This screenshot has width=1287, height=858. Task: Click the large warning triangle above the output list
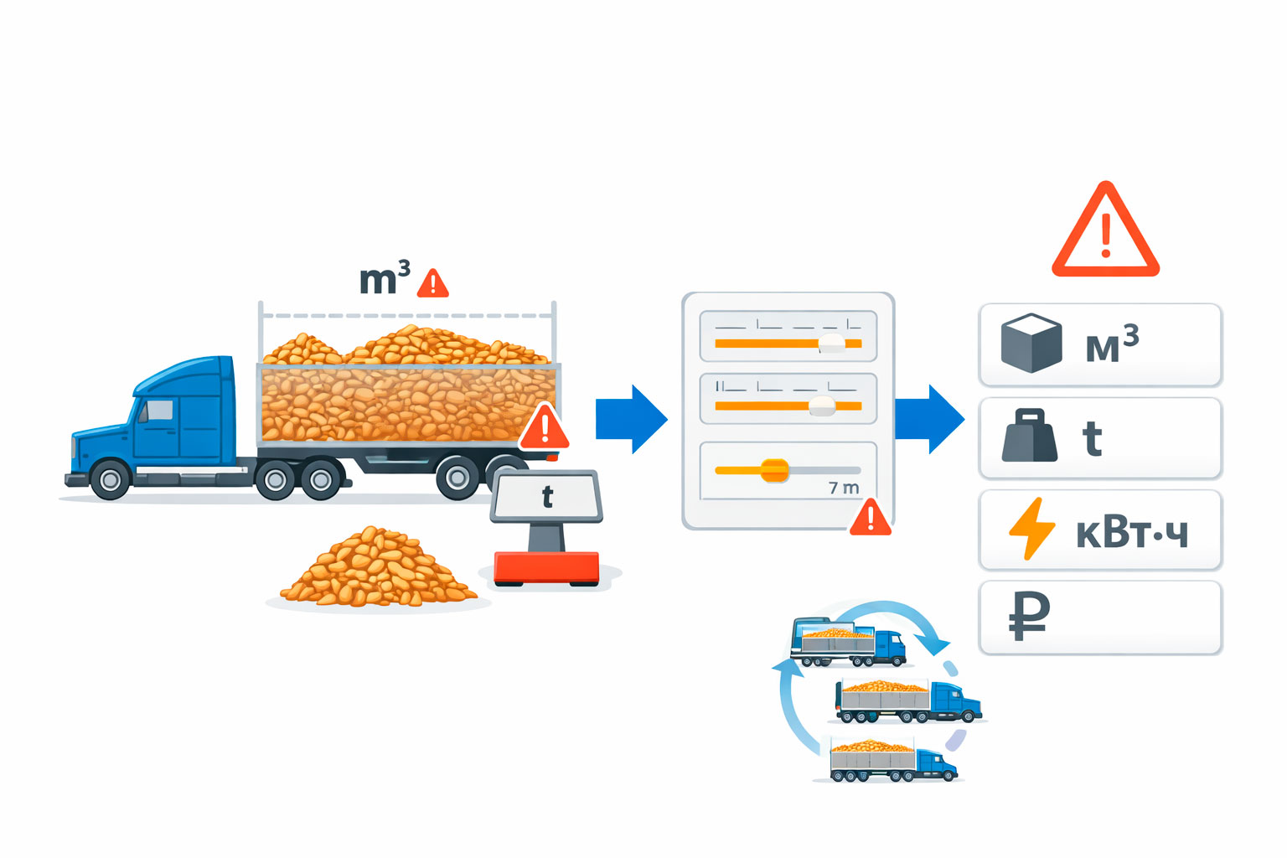coord(1105,233)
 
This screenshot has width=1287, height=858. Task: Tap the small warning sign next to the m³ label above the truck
coord(432,284)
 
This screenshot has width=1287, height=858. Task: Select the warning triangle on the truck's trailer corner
coord(544,428)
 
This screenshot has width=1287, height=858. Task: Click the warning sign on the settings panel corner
coord(870,518)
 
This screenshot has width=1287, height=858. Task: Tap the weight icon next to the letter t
coord(1030,436)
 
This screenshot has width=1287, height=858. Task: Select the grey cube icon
coord(1031,343)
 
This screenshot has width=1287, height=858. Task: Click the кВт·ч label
coord(1131,533)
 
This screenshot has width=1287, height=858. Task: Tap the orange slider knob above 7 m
coord(774,470)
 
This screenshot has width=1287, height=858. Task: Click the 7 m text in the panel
coord(844,488)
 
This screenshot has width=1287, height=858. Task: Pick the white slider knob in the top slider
coord(832,342)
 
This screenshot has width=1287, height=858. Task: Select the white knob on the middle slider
coord(822,406)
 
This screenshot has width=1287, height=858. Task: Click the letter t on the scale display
coord(547,497)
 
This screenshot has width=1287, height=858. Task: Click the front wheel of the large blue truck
coord(110,479)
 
